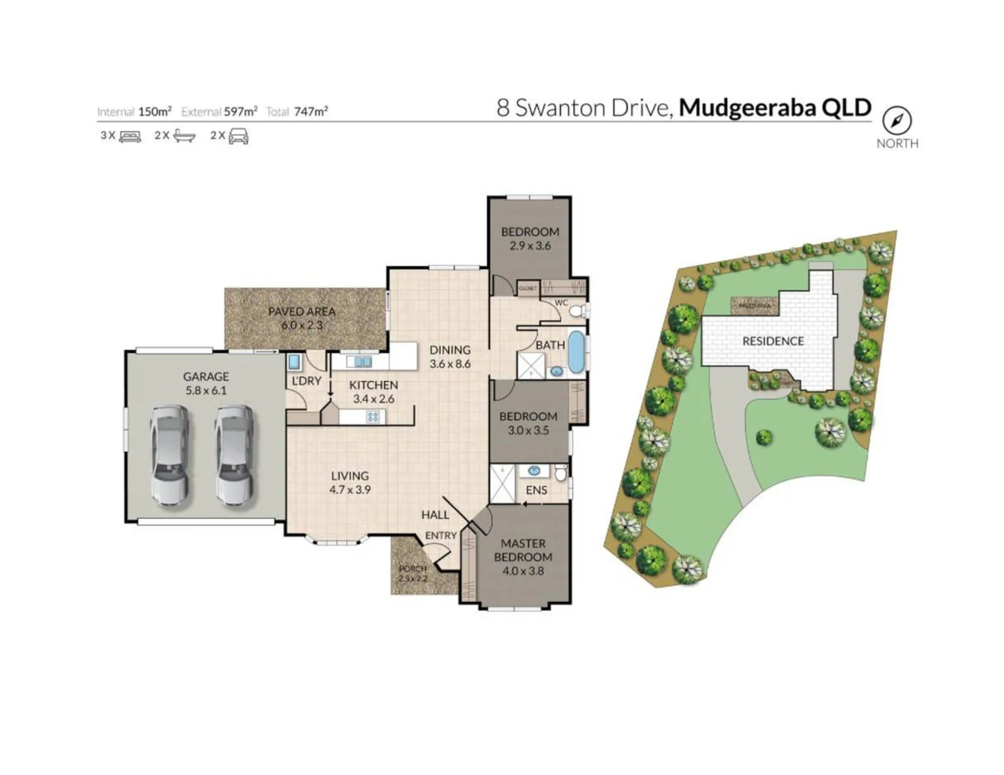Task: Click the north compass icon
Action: (896, 120)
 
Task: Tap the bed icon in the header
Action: (130, 136)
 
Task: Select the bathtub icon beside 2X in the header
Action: (185, 136)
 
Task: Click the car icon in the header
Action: (238, 136)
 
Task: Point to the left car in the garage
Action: (170, 456)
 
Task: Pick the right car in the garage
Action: (235, 456)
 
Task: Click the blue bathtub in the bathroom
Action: (576, 352)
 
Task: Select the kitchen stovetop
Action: (372, 416)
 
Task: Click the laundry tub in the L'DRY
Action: (294, 362)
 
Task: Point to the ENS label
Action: (536, 490)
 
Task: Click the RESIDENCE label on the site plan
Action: (773, 341)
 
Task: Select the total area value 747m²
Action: (311, 111)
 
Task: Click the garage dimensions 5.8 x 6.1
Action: (205, 390)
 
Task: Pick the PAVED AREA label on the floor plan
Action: (302, 311)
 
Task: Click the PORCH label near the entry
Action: (412, 568)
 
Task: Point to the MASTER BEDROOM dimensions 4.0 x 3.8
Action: (523, 571)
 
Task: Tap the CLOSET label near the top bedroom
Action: (528, 288)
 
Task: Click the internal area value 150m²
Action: (154, 111)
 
